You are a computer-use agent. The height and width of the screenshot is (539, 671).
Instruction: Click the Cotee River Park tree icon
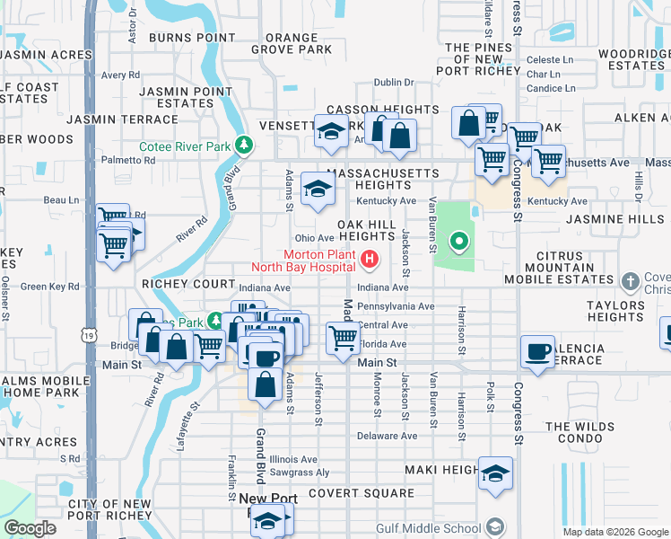243,145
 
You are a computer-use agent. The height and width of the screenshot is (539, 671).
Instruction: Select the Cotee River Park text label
184,146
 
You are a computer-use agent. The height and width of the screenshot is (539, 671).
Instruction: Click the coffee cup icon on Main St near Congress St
538,352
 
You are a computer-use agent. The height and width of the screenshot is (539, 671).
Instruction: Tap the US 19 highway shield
88,334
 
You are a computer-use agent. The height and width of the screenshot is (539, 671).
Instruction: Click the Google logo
30,528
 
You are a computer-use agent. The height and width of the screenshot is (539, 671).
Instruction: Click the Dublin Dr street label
392,82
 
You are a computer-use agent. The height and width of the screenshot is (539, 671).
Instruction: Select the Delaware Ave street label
388,436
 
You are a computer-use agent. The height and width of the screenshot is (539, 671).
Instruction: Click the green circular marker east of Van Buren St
459,241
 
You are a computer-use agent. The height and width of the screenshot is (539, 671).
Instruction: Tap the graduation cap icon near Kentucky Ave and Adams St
317,189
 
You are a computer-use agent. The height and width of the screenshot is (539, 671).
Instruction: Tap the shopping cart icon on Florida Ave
344,338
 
